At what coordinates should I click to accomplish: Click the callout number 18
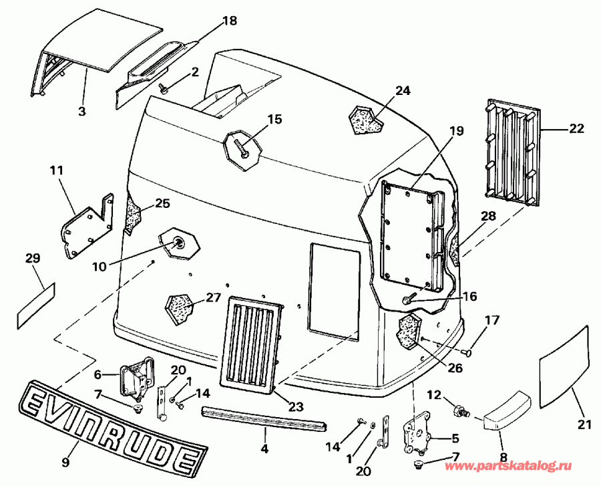(x=229, y=21)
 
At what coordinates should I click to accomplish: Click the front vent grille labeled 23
(x=253, y=346)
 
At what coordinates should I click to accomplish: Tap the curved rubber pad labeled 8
(x=506, y=408)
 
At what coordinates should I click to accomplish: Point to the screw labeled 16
(x=409, y=299)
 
